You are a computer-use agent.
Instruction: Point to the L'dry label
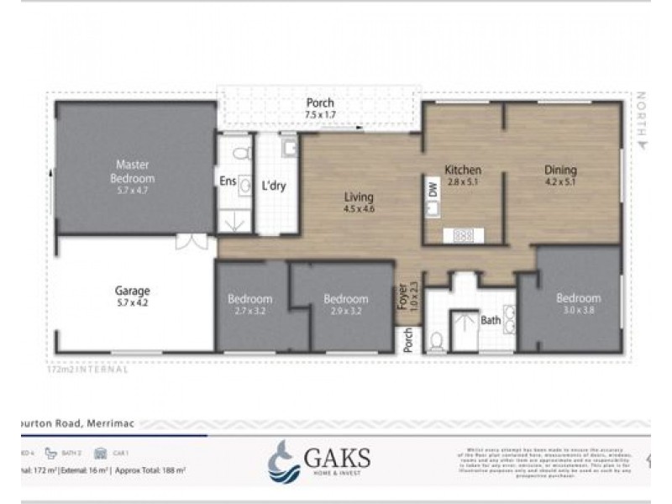pyautogui.click(x=274, y=186)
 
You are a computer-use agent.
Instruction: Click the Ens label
pyautogui.click(x=228, y=181)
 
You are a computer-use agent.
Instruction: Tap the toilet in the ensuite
pyautogui.click(x=242, y=154)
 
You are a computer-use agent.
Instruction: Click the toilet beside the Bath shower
pyautogui.click(x=437, y=340)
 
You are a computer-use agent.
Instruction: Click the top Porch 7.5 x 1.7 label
pyautogui.click(x=320, y=108)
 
